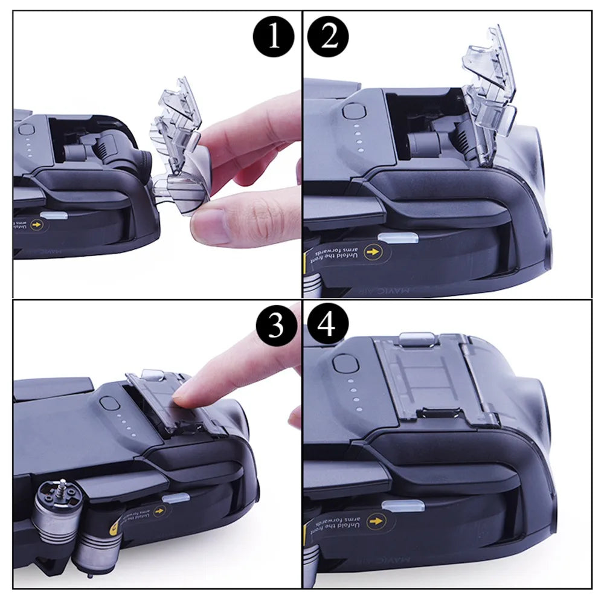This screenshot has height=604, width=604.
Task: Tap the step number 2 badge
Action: click(x=327, y=37)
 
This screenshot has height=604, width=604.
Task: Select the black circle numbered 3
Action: click(x=275, y=326)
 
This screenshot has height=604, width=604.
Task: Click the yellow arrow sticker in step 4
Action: click(x=376, y=520)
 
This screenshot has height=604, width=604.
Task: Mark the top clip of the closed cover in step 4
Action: click(x=419, y=338)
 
